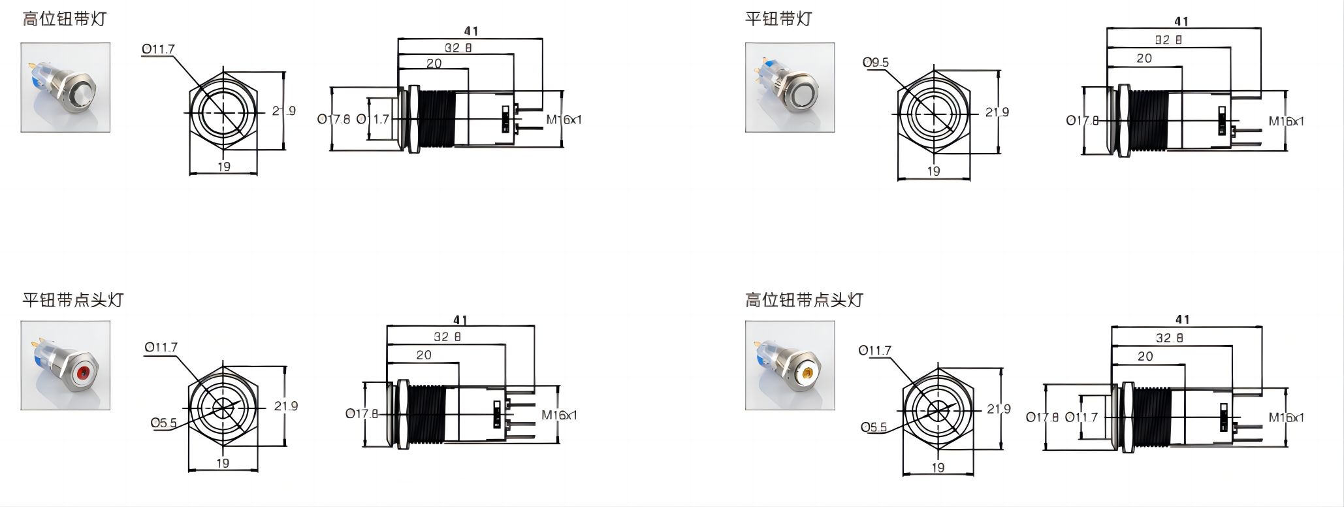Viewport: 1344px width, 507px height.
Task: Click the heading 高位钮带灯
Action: point(63,18)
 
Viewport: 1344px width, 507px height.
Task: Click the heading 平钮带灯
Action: point(778,18)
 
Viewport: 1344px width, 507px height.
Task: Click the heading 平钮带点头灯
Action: point(72,300)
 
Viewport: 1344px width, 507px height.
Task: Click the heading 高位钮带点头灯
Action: point(804,300)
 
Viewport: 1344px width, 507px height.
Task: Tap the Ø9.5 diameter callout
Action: point(876,63)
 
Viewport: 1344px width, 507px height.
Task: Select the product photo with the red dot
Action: point(65,365)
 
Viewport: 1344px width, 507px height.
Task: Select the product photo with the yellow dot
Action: point(790,365)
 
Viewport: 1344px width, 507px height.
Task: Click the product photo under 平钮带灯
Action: point(790,88)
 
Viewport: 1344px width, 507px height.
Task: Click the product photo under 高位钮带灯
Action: point(65,88)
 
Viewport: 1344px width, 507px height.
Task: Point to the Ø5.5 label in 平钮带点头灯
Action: point(163,423)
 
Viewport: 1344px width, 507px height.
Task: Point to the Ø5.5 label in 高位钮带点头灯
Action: point(874,428)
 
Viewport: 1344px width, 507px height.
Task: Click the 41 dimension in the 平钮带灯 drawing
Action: point(1181,22)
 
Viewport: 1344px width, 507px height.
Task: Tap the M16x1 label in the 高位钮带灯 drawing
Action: point(564,120)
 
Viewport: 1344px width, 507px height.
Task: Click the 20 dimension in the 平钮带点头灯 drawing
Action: point(424,355)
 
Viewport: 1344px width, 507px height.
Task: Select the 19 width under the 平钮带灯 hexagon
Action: point(934,171)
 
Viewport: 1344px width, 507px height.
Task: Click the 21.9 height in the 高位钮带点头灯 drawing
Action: point(999,409)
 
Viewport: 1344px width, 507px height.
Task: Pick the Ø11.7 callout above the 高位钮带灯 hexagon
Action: point(158,50)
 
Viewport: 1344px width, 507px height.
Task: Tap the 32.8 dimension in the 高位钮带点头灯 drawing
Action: point(1169,338)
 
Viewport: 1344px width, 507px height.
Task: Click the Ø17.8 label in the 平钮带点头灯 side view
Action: point(361,414)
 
